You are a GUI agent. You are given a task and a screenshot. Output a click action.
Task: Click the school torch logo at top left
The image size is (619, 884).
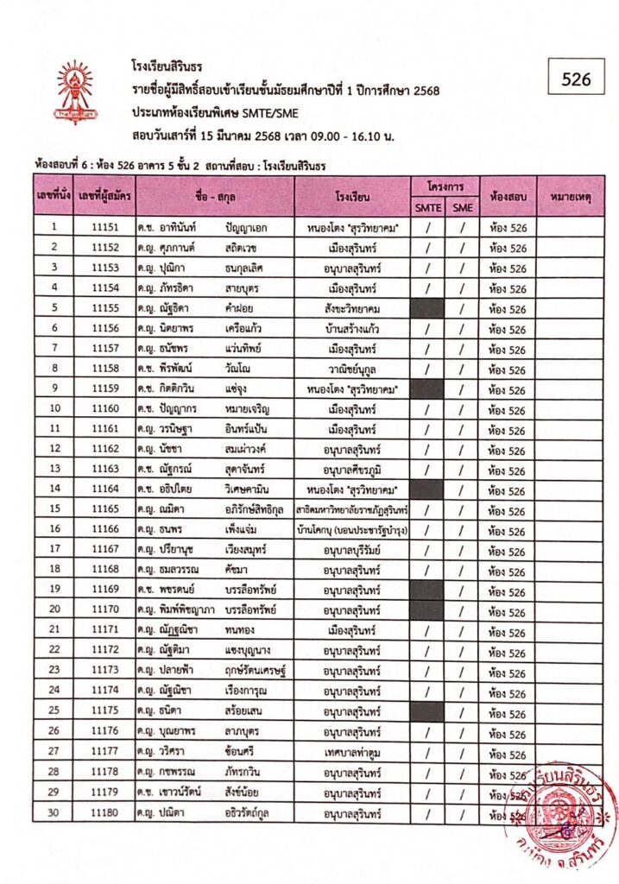click(75, 92)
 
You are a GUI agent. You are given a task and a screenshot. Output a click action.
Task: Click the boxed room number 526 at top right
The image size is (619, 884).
click(576, 79)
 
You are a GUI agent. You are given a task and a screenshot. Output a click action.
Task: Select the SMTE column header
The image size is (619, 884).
click(426, 207)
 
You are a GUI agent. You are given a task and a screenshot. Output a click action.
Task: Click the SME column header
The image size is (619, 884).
click(463, 207)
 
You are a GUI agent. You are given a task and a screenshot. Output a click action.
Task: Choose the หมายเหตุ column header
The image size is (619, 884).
click(569, 196)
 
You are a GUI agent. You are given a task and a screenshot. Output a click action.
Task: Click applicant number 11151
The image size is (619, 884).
click(104, 228)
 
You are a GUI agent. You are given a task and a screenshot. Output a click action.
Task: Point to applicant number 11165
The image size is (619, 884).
click(104, 510)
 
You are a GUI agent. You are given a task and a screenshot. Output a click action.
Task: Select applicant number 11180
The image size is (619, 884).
click(104, 813)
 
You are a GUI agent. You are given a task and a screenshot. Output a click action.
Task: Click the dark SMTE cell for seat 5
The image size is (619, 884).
click(426, 308)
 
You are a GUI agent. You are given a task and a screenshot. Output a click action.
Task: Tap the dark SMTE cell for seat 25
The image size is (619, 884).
click(426, 712)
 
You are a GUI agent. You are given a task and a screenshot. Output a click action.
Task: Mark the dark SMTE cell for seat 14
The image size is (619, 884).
click(426, 490)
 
